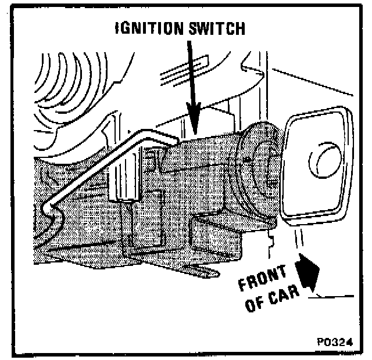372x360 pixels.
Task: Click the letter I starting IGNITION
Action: (x=119, y=29)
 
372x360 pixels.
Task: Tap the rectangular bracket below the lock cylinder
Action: (x=221, y=232)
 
